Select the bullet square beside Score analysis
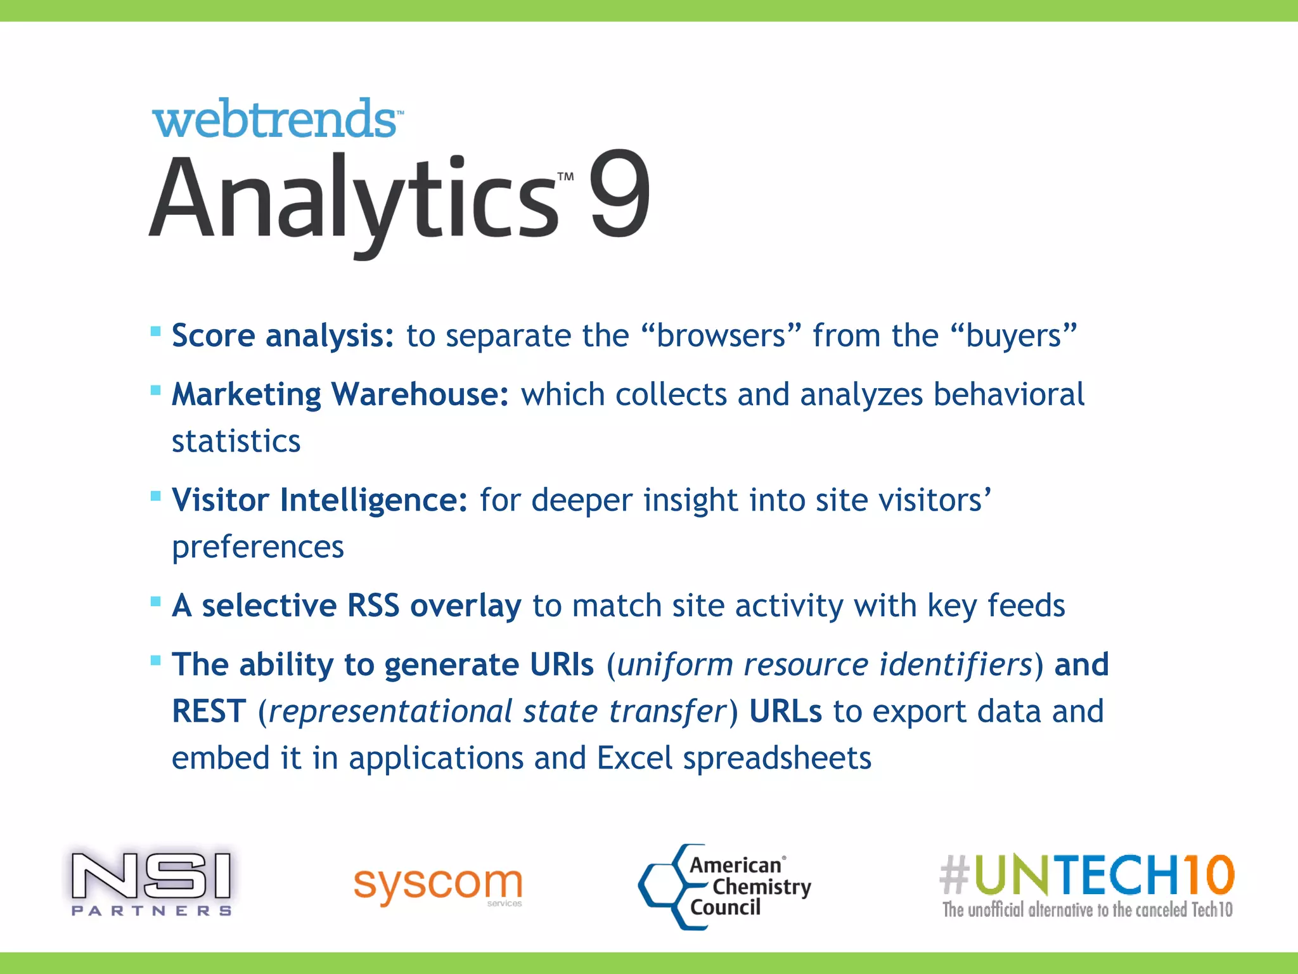(x=156, y=331)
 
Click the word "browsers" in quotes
(x=721, y=335)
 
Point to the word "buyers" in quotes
(x=1013, y=335)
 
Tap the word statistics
(x=236, y=441)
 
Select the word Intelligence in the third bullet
(x=374, y=500)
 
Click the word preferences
(x=258, y=547)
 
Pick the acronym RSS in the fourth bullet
(x=373, y=606)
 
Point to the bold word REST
(x=209, y=711)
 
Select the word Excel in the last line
(x=634, y=758)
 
